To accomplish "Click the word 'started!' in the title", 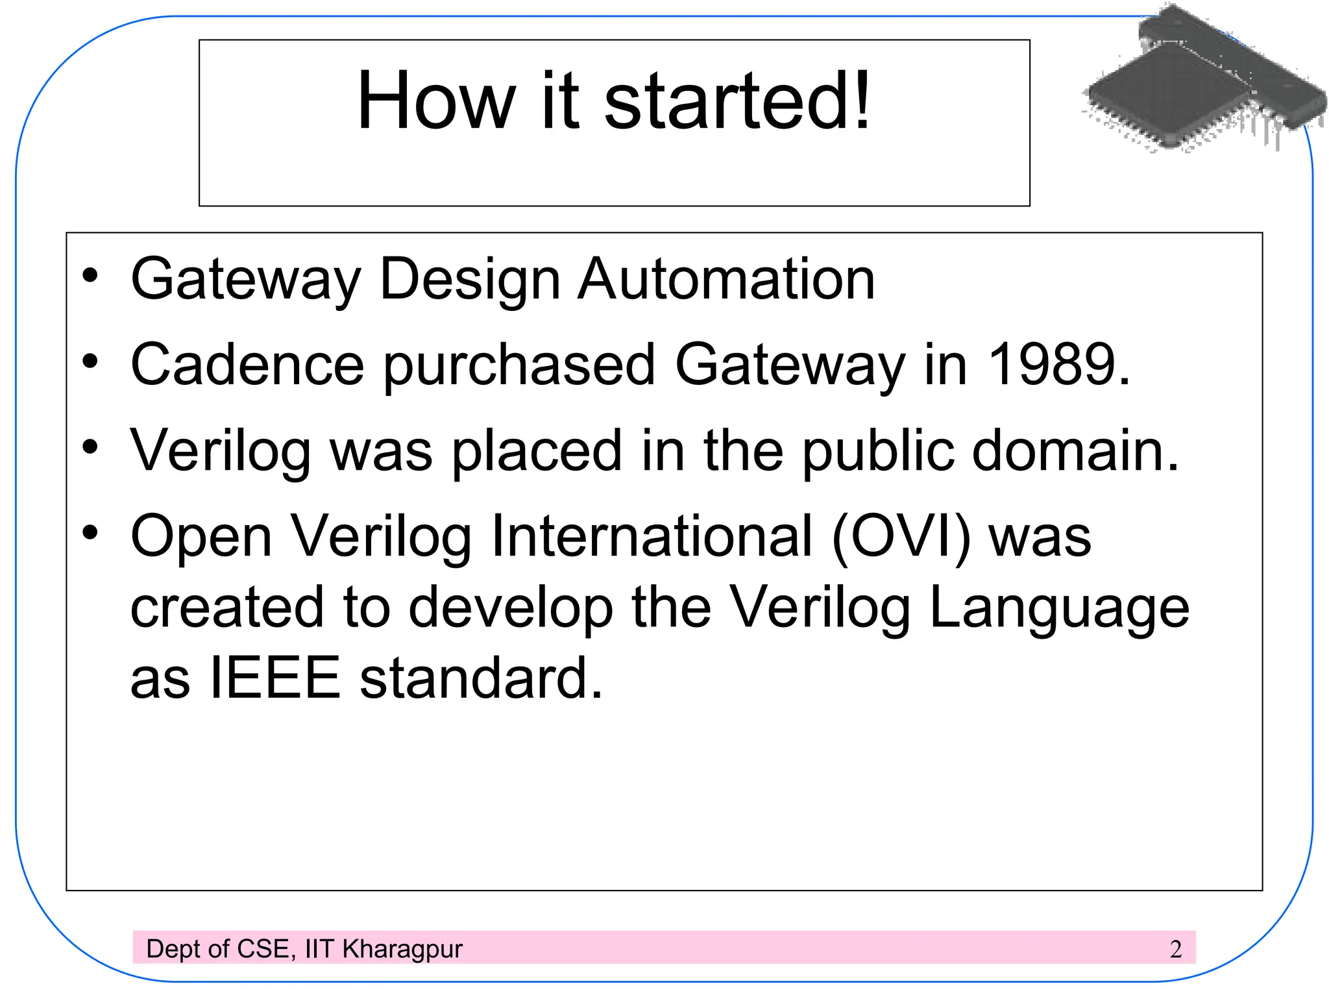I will coord(737,101).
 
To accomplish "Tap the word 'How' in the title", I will coord(436,101).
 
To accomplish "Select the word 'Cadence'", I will coord(247,365).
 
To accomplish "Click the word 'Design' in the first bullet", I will coord(470,280).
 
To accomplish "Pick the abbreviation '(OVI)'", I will coord(901,537).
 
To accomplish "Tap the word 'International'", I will coord(652,537).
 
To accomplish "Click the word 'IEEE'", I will coord(274,678).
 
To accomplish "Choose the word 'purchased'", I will coord(519,366).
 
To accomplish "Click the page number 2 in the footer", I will coord(1175,950).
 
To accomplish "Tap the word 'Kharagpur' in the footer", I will coord(402,950).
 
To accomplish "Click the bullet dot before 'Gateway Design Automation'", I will coord(90,276).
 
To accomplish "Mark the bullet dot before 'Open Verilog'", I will coord(90,533).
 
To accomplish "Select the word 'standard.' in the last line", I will coord(481,678).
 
